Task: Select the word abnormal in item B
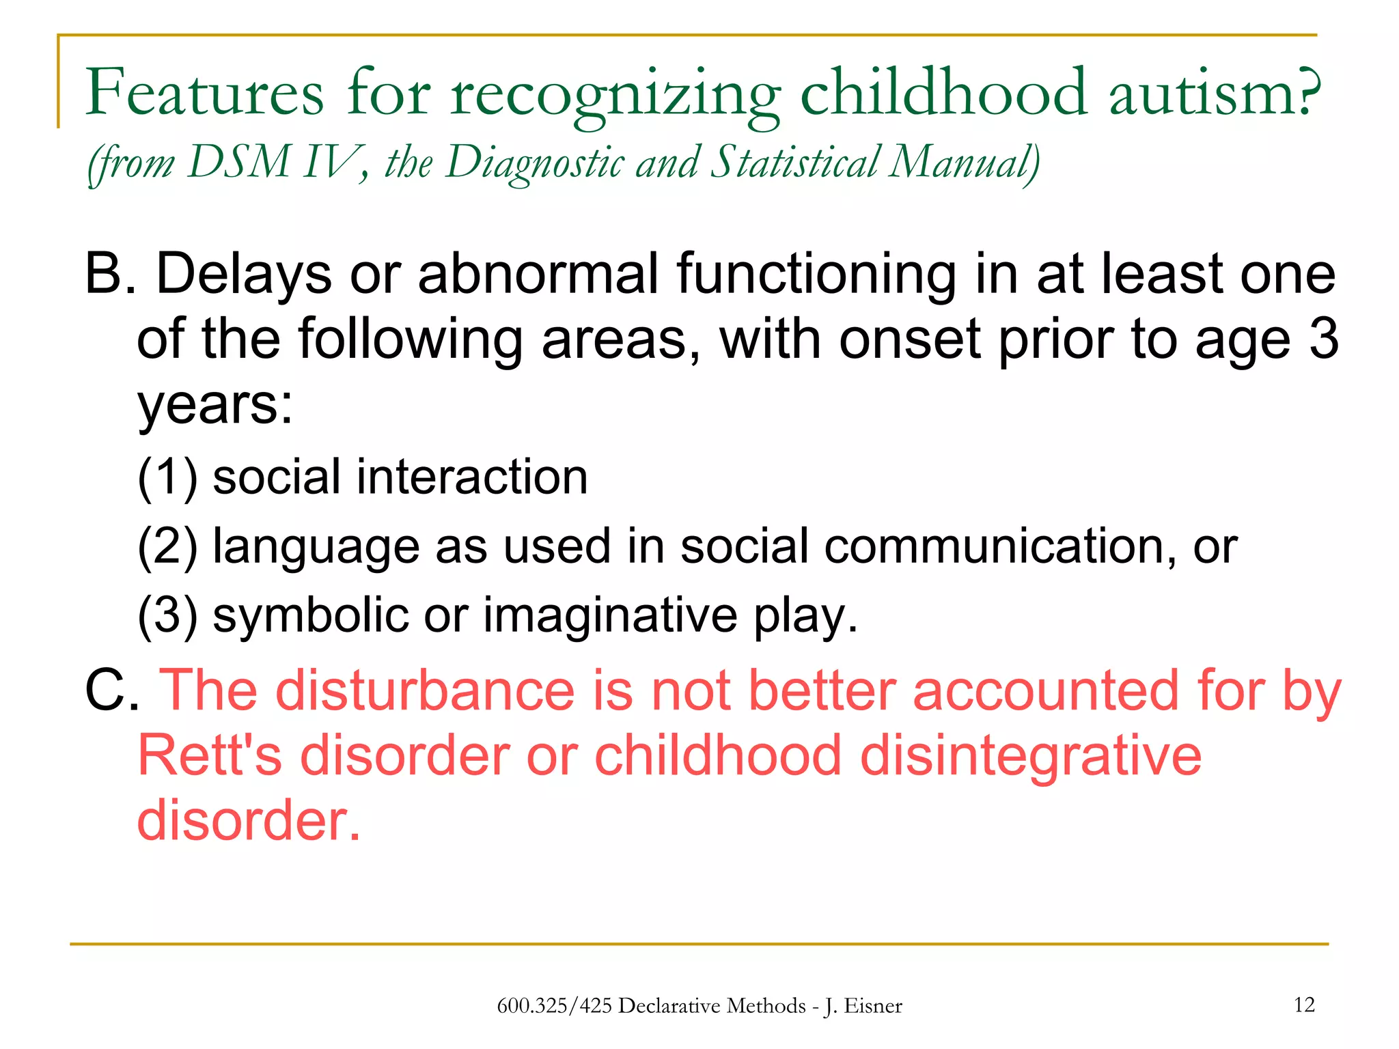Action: (538, 274)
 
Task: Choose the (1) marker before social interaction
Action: (167, 477)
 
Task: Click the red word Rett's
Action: (209, 756)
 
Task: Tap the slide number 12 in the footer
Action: (1304, 1005)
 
